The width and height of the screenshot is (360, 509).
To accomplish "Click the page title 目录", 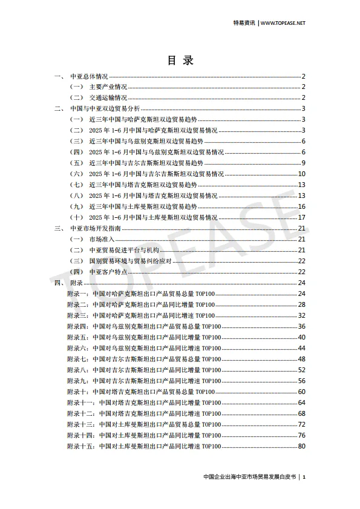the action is [x=180, y=61].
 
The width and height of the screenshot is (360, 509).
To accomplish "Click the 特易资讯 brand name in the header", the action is [x=244, y=23].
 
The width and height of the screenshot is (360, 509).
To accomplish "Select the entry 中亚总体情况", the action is [x=89, y=77].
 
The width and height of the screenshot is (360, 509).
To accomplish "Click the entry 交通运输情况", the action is [x=108, y=98].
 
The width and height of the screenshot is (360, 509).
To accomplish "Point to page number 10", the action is [x=301, y=174].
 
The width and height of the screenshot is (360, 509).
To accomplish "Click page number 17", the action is [x=301, y=217].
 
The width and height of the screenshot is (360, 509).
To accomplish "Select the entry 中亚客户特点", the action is [x=105, y=272].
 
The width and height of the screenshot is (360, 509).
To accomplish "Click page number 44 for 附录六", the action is [x=301, y=348].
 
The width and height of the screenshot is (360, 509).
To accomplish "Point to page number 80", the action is [x=301, y=446].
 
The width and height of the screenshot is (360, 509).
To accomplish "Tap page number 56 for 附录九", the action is [x=301, y=381].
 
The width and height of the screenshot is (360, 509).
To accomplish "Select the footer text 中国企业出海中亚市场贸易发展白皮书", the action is [x=250, y=477].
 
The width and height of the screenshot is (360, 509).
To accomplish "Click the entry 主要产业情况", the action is [x=108, y=87].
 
